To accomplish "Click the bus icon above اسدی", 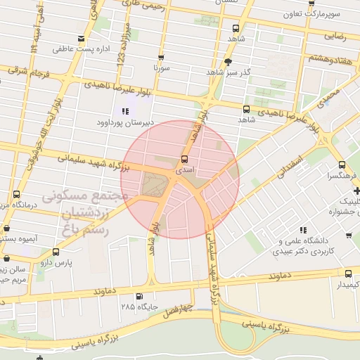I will pyautogui.click(x=185, y=159).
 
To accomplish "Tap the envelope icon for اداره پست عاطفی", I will pyautogui.click(x=82, y=38).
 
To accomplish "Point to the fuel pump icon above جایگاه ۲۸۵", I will pyautogui.click(x=139, y=296).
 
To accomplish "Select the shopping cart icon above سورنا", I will pyautogui.click(x=161, y=58).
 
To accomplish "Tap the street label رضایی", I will pyautogui.click(x=334, y=34).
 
